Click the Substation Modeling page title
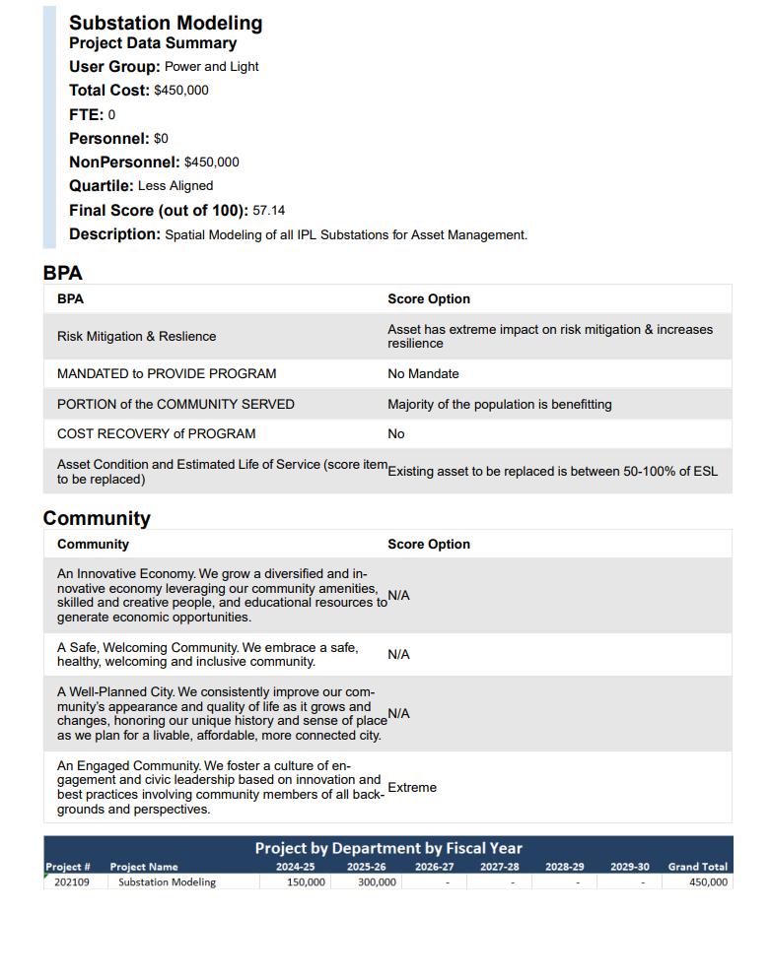pyautogui.click(x=166, y=23)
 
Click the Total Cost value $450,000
pyautogui.click(x=181, y=91)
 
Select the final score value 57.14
pyautogui.click(x=269, y=211)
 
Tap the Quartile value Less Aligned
pyautogui.click(x=175, y=186)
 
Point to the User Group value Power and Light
pyautogui.click(x=212, y=67)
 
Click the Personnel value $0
pyautogui.click(x=161, y=139)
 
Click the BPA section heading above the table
pyautogui.click(x=62, y=273)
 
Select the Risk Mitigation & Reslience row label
pyautogui.click(x=136, y=337)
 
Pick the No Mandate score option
pyautogui.click(x=423, y=374)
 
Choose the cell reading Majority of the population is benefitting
pyautogui.click(x=500, y=405)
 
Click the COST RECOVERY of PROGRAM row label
pyautogui.click(x=156, y=434)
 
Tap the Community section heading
pyautogui.click(x=97, y=518)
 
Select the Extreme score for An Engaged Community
pyautogui.click(x=412, y=788)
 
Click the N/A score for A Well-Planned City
pyautogui.click(x=398, y=714)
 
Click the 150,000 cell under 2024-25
pyautogui.click(x=306, y=882)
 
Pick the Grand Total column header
pyautogui.click(x=697, y=867)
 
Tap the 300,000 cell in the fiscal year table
pyautogui.click(x=377, y=882)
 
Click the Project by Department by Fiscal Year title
pyautogui.click(x=388, y=848)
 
